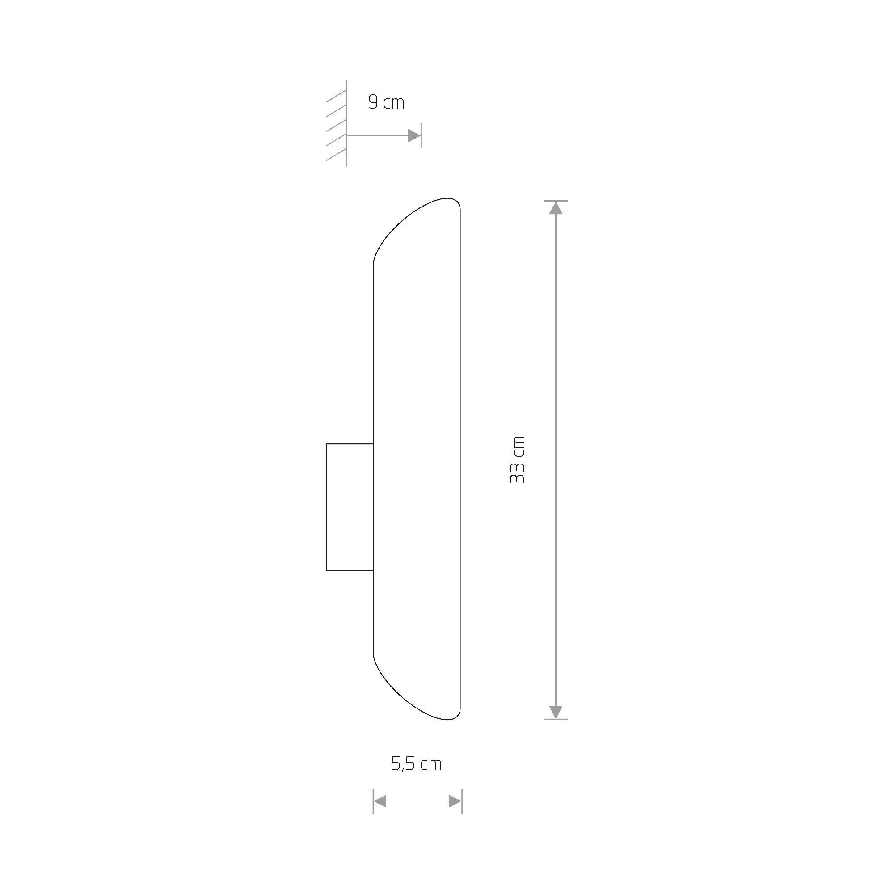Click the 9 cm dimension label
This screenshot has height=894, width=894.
click(x=386, y=102)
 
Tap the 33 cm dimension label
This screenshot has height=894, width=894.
click(x=517, y=460)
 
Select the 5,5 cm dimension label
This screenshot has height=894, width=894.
click(x=417, y=764)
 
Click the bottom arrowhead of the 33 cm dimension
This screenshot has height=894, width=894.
click(x=555, y=712)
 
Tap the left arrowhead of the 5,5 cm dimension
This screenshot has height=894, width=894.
click(x=380, y=801)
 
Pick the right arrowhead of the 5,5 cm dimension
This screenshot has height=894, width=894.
click(x=455, y=801)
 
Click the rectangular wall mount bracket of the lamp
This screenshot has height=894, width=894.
click(x=349, y=507)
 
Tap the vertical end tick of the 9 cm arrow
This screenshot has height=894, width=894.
click(x=421, y=135)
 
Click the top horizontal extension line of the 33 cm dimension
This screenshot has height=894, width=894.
click(x=555, y=200)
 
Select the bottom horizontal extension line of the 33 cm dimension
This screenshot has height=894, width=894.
click(x=555, y=720)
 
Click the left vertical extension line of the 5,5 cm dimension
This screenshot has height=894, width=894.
click(x=373, y=801)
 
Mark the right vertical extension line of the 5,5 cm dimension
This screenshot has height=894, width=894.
click(x=462, y=801)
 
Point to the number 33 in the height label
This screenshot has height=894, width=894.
click(x=517, y=472)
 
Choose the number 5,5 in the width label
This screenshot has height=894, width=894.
click(x=404, y=764)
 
